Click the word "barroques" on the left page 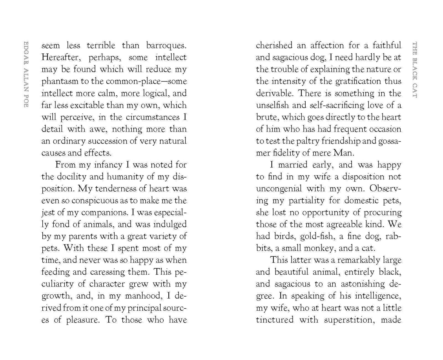point(166,46)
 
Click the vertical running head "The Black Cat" point(414,70)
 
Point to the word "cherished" point(274,46)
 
